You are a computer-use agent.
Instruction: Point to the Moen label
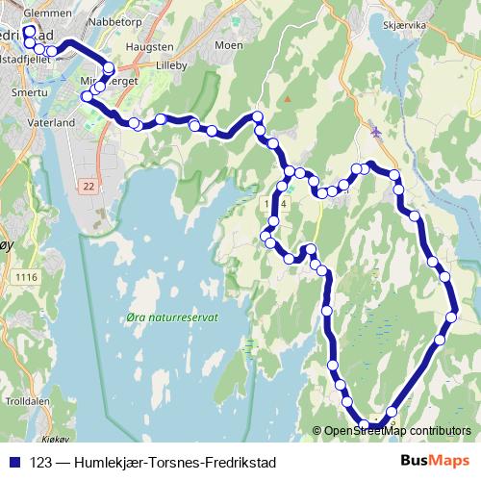click(x=228, y=45)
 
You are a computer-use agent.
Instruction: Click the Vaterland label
click(x=53, y=124)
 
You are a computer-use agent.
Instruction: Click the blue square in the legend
click(x=15, y=460)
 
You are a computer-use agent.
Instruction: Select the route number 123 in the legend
click(x=41, y=460)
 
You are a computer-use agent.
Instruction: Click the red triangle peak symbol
click(x=288, y=99)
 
